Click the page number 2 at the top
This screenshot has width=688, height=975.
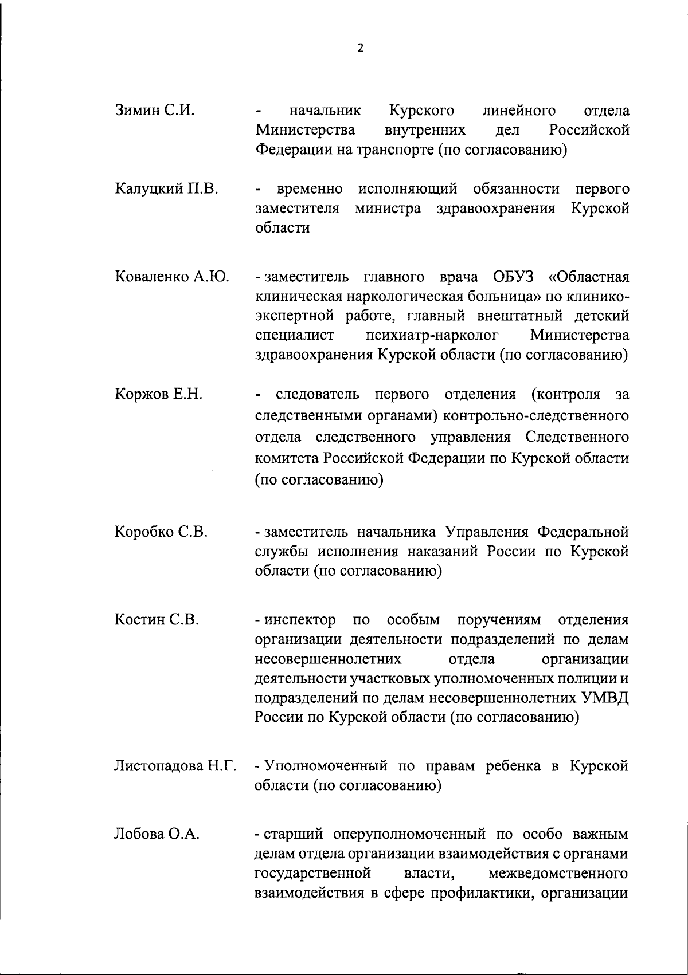point(360,48)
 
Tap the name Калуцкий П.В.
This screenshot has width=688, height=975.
point(166,188)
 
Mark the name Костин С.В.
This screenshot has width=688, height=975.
point(157,620)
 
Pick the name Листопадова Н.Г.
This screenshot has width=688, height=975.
point(175,766)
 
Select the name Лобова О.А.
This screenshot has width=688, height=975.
point(157,834)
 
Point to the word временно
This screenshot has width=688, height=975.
point(310,188)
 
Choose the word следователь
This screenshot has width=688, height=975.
point(318,394)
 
